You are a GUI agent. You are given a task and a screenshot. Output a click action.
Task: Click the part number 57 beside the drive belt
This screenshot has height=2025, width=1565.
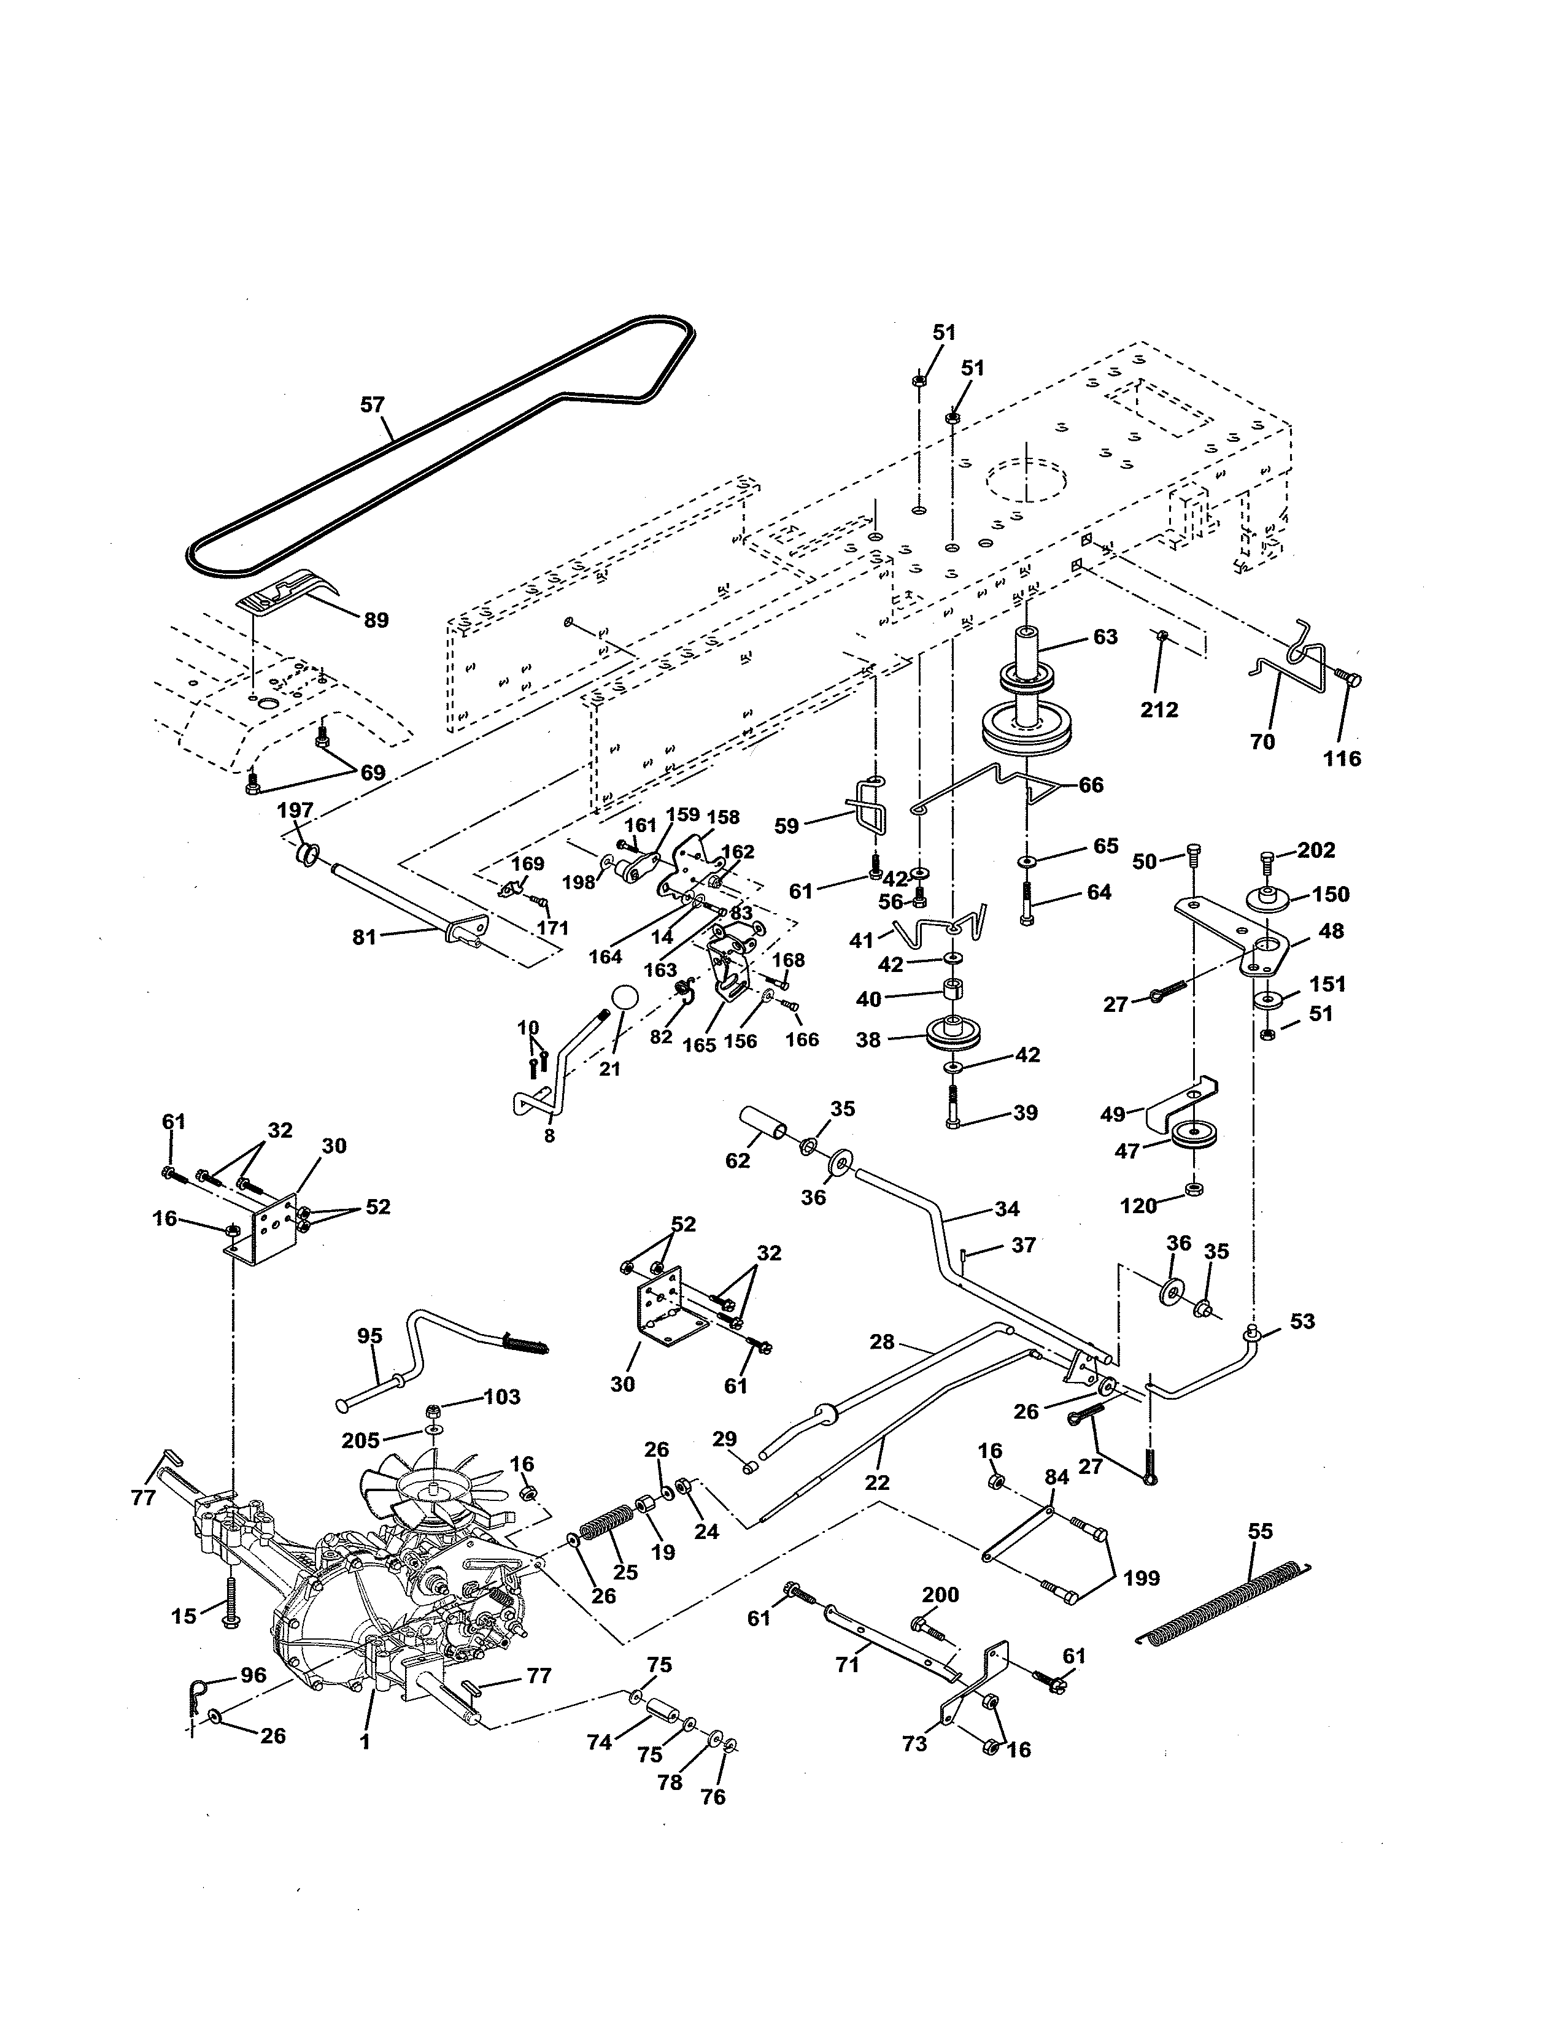tap(372, 404)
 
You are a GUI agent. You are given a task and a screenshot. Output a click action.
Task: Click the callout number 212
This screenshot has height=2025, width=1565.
tap(1159, 709)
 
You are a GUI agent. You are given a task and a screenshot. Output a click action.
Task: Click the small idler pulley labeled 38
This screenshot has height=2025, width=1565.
tap(946, 1033)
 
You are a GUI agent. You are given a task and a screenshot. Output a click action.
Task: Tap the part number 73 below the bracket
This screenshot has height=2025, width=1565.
tap(914, 1743)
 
